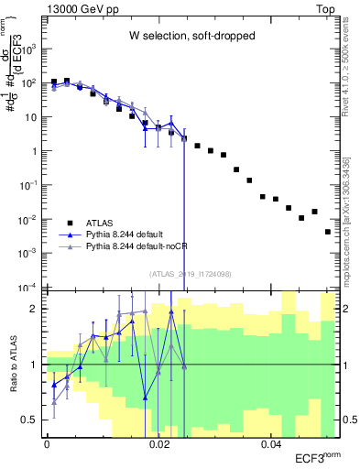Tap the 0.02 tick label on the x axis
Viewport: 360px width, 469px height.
pos(158,444)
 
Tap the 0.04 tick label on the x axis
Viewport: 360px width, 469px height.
pos(271,444)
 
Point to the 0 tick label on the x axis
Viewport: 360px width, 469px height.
pos(47,444)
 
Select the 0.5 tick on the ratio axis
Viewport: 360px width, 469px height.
pos(32,420)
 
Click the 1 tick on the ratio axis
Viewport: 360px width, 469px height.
pos(37,365)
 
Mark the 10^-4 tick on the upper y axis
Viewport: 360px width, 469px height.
pos(29,288)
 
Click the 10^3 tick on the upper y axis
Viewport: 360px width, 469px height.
pos(31,48)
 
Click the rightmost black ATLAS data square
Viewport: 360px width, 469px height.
pos(327,232)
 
